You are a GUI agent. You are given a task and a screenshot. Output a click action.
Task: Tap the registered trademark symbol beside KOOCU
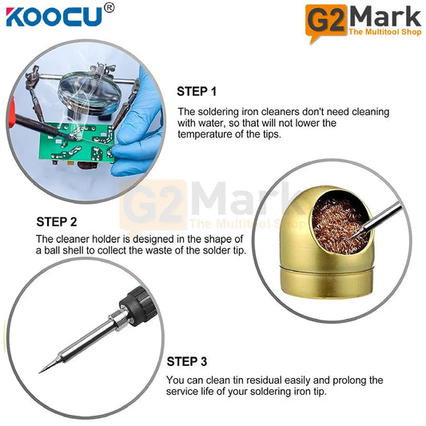click(x=109, y=7)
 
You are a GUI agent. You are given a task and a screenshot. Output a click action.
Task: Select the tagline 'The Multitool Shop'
click(x=384, y=31)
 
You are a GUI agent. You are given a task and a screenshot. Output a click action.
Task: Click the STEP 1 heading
click(x=196, y=91)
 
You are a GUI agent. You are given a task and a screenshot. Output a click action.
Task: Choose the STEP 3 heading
click(x=186, y=360)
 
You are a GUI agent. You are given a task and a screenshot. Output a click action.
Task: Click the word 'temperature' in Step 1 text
click(x=209, y=135)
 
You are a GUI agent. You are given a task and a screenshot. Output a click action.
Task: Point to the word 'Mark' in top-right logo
click(x=385, y=15)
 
